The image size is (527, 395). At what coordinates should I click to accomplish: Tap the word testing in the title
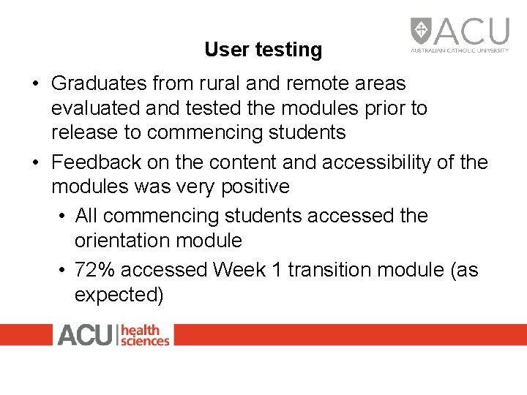[288, 50]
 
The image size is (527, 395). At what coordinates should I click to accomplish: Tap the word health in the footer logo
[140, 329]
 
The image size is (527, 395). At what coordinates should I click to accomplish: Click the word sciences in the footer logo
[145, 340]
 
